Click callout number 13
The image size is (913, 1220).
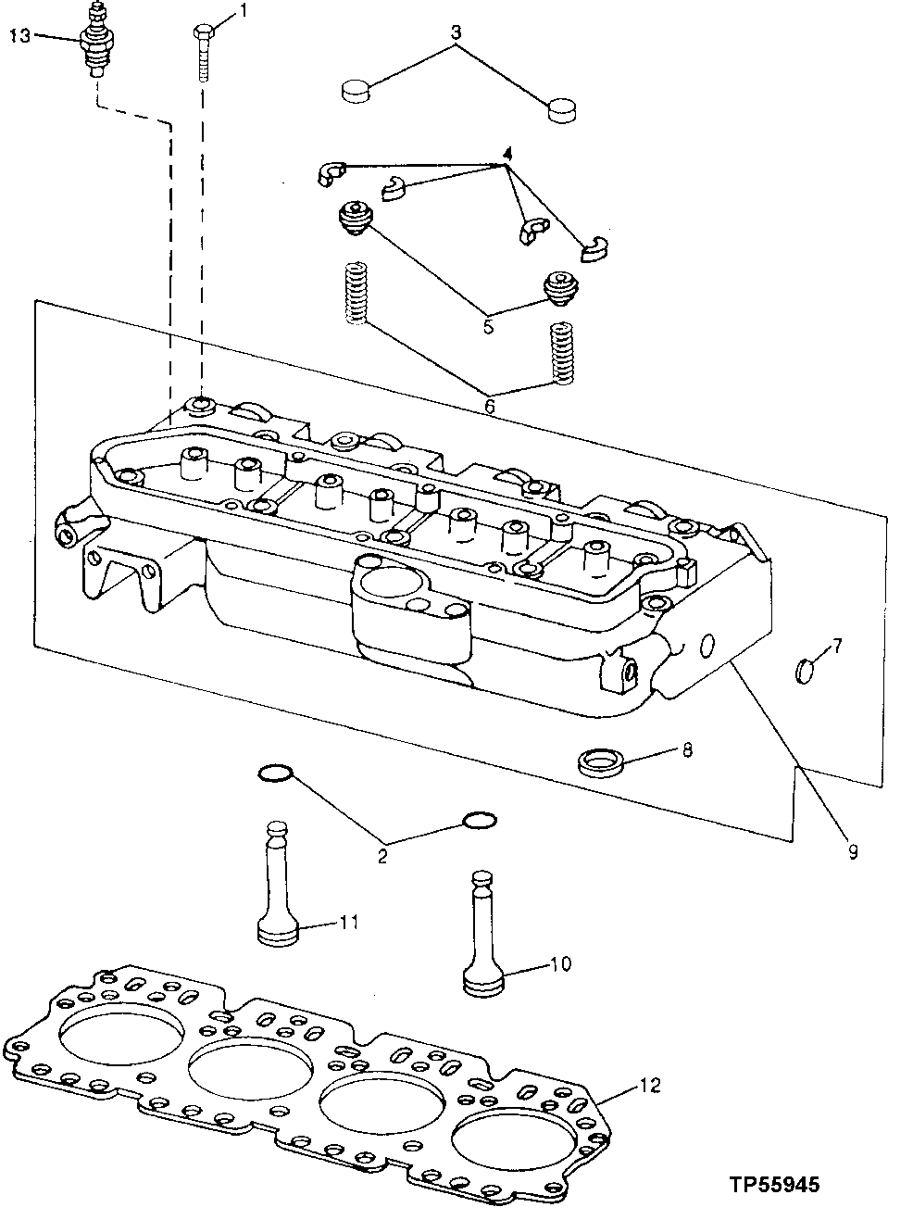[19, 36]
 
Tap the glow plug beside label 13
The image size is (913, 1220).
[94, 42]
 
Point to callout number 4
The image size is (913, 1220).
[507, 152]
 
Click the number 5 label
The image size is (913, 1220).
[487, 325]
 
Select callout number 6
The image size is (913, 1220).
[490, 405]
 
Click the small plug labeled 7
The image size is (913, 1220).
[804, 670]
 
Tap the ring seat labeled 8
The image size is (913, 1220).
[599, 765]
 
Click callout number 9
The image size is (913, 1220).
[852, 849]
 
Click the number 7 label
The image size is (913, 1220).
[836, 645]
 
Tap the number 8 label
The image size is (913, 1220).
[686, 749]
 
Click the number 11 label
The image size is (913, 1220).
[348, 923]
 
